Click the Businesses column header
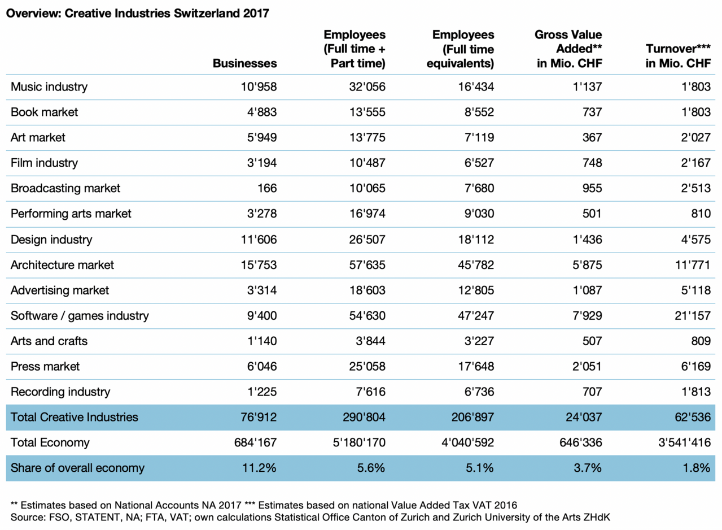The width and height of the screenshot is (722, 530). pos(244,63)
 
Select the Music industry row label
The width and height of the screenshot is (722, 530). pos(49,86)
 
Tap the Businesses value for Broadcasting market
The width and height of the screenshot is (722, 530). pos(267,188)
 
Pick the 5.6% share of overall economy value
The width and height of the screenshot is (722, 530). pos(370,468)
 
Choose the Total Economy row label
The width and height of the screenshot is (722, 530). pos(50,442)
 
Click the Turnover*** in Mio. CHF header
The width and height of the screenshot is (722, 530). pos(677,57)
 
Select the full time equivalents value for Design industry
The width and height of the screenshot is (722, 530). pos(475,239)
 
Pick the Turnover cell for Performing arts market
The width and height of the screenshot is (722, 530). pos(699,214)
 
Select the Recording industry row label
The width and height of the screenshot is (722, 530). pos(60,392)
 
